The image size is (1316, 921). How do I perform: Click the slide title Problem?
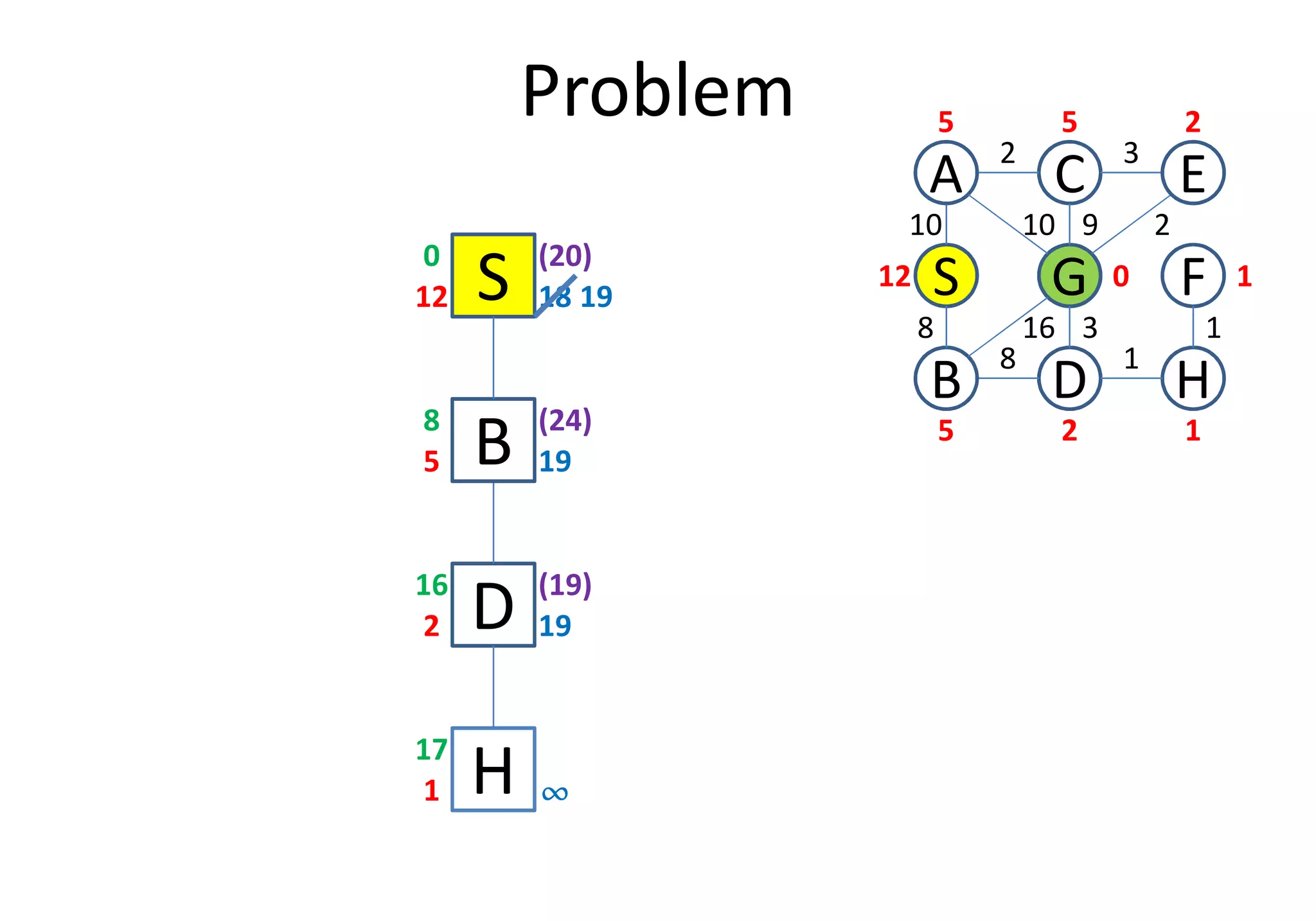click(x=657, y=91)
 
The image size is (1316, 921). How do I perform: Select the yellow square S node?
click(x=493, y=276)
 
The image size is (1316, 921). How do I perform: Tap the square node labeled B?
click(x=493, y=440)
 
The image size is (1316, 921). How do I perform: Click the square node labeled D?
click(x=493, y=605)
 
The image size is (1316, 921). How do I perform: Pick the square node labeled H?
click(x=493, y=769)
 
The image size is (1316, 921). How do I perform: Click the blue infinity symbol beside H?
click(x=555, y=794)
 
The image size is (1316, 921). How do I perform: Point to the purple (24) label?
click(x=565, y=421)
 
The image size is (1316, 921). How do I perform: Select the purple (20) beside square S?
click(x=565, y=256)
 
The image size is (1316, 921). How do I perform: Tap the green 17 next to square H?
click(x=431, y=750)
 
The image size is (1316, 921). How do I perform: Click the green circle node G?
click(x=1069, y=276)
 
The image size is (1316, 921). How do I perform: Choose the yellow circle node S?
click(x=946, y=276)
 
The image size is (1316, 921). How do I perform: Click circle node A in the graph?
click(x=946, y=173)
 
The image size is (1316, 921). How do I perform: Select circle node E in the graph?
click(x=1193, y=173)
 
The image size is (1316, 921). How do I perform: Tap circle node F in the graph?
click(x=1193, y=276)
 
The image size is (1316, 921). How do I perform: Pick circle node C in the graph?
click(x=1069, y=173)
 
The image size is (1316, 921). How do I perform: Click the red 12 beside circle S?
click(x=894, y=277)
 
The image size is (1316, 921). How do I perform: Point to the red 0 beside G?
click(x=1121, y=277)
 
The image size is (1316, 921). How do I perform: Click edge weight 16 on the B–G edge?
click(x=1038, y=328)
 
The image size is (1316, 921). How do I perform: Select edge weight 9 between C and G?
click(x=1090, y=225)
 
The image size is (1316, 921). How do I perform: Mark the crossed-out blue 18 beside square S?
click(x=555, y=297)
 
